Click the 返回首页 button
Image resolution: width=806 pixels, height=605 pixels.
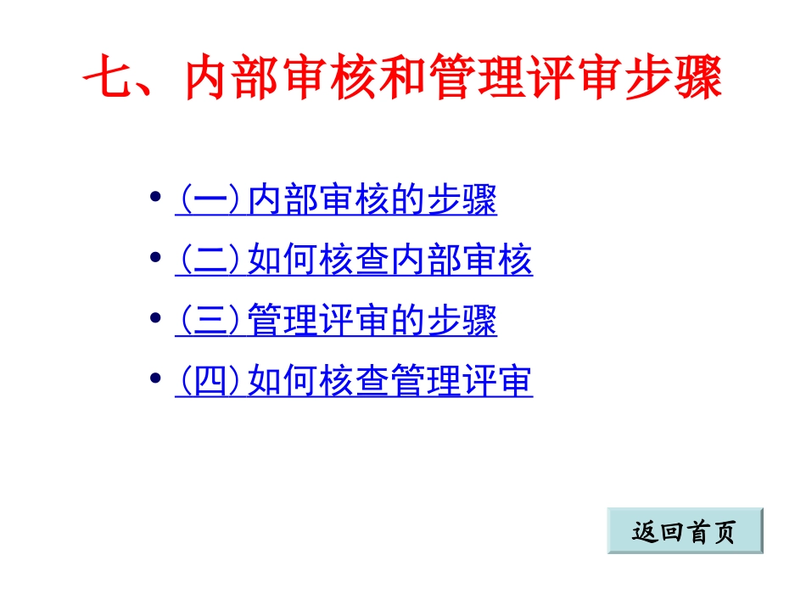(685, 531)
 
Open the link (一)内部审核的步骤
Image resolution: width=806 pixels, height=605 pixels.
(336, 201)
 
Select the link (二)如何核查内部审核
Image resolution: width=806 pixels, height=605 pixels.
(354, 261)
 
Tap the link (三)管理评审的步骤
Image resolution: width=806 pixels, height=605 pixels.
(336, 322)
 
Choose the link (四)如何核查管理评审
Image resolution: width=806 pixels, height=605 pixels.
(354, 382)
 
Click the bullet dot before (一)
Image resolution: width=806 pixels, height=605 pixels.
(155, 198)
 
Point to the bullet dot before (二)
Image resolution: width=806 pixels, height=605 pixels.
(155, 257)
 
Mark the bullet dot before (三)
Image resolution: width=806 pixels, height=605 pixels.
(155, 318)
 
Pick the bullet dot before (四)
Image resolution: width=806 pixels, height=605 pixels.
(155, 378)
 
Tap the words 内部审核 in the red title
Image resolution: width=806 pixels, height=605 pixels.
(285, 79)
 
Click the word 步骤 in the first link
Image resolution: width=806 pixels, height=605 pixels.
(462, 201)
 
